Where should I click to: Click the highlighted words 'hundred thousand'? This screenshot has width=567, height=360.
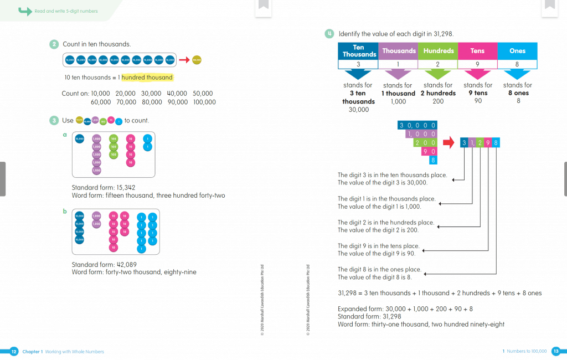(147, 78)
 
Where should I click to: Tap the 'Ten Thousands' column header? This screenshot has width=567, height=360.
(358, 51)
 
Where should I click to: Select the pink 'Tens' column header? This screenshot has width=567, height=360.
(477, 51)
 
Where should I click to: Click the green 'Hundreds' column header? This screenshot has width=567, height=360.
(438, 51)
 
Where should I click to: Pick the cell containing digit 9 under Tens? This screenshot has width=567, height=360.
(477, 64)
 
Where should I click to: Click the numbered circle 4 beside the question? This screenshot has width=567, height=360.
(329, 33)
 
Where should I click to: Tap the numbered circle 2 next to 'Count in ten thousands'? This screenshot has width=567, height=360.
(54, 44)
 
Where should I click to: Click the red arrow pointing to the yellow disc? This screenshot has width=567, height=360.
(184, 59)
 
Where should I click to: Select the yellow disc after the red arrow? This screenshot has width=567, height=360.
(197, 59)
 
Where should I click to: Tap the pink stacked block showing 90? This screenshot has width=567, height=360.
(429, 151)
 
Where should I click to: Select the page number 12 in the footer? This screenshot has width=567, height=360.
(14, 351)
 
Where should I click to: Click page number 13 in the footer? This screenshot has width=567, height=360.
(556, 351)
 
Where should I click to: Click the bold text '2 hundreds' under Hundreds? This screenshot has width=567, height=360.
(438, 94)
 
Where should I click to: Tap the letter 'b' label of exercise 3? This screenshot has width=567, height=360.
(65, 211)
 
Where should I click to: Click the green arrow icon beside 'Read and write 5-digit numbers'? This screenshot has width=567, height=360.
(25, 11)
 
